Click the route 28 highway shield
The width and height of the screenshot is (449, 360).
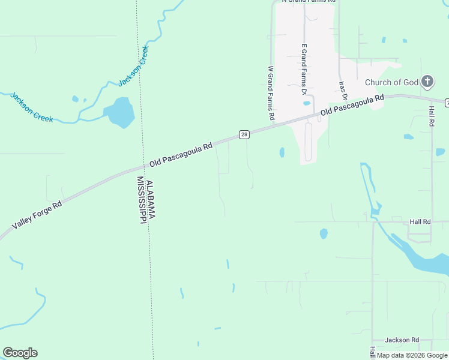[x=244, y=134]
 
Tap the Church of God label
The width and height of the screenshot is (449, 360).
[x=391, y=82]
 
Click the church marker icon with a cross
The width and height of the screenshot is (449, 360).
[x=427, y=81]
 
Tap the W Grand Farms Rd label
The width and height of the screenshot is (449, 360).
[x=271, y=92]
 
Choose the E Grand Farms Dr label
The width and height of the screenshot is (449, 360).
[x=304, y=69]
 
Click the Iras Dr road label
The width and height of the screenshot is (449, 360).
[x=343, y=90]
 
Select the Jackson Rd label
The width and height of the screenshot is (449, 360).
[x=402, y=340]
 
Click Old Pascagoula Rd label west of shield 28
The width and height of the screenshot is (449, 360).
[x=182, y=154]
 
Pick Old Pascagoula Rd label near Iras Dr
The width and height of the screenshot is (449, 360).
[x=352, y=105]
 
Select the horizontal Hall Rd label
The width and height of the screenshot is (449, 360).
[x=420, y=221]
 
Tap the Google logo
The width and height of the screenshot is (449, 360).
[x=20, y=353]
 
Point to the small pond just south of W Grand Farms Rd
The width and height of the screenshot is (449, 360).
[x=282, y=152]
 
